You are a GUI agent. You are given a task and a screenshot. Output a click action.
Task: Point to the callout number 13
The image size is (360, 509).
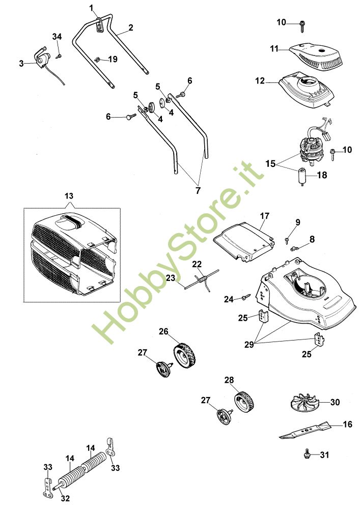pos(69,195)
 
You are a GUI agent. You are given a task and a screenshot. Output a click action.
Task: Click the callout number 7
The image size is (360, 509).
pos(198,190)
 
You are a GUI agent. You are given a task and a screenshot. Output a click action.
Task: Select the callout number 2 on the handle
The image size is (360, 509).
pos(131,27)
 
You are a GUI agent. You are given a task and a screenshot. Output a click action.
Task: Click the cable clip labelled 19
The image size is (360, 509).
pos(98,59)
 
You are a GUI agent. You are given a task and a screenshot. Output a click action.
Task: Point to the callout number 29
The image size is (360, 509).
pos(249,346)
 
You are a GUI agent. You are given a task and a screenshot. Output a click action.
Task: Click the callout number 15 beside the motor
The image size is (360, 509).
pos(270,164)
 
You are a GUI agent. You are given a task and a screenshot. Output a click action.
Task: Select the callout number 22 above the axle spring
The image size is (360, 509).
pos(197,265)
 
